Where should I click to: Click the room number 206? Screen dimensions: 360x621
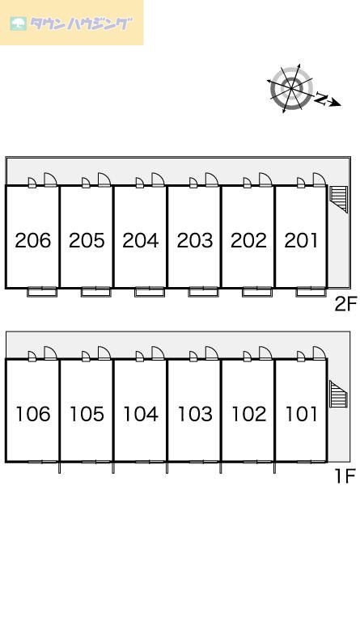[33, 240]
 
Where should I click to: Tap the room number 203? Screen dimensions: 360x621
[195, 240]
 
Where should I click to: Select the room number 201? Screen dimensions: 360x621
[301, 240]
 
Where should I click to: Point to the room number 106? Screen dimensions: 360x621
[33, 414]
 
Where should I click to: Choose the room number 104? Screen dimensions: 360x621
[141, 414]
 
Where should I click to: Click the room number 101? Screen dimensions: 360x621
[302, 414]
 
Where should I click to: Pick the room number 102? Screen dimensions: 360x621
[248, 414]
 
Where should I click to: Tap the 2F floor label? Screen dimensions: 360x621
[345, 304]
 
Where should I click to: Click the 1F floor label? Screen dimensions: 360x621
[345, 475]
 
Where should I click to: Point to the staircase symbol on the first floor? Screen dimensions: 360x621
[338, 394]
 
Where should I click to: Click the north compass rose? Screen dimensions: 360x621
[291, 89]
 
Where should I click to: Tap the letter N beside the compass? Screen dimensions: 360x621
[321, 98]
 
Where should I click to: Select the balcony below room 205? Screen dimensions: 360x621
[95, 292]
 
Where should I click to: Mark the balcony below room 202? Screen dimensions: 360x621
[257, 292]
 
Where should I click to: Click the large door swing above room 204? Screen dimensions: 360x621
[158, 180]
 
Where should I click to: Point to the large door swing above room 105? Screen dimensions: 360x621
[104, 353]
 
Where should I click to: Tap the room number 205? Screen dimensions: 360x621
[87, 240]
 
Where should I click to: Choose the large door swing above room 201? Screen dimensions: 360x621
[320, 180]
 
